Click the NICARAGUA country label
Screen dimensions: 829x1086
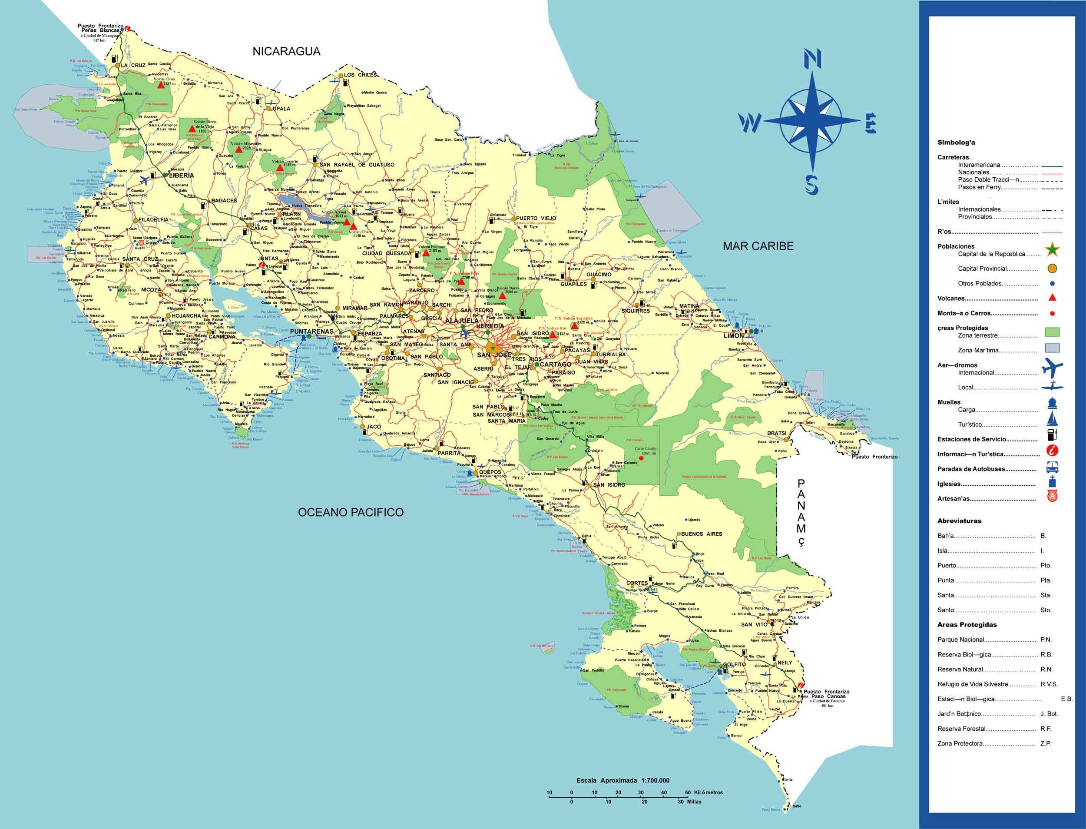coord(286,51)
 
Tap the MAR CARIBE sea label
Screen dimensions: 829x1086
coord(758,246)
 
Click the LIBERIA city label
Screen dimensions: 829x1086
coord(181,175)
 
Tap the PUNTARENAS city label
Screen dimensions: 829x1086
coord(312,331)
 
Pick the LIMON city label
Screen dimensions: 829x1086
coord(733,335)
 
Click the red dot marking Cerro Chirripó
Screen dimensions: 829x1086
coord(640,458)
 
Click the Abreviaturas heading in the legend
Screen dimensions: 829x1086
coord(959,521)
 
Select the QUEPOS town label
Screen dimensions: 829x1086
coord(490,471)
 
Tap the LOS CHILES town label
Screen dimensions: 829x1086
coord(360,74)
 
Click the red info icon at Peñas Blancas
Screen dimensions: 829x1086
coord(128,29)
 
